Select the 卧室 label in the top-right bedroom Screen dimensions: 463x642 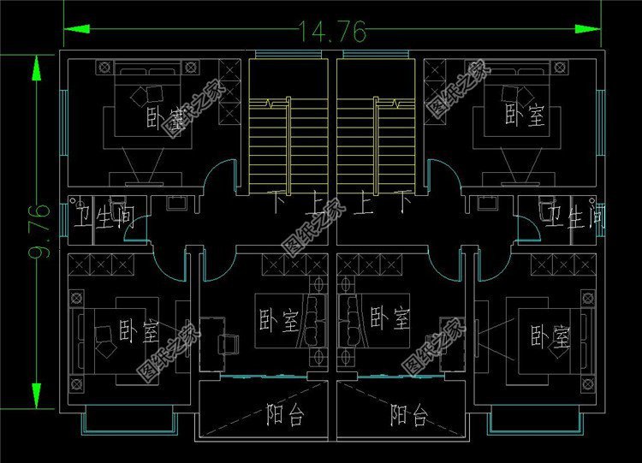pyautogui.click(x=525, y=115)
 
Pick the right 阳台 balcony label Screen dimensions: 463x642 pyautogui.click(x=409, y=416)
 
